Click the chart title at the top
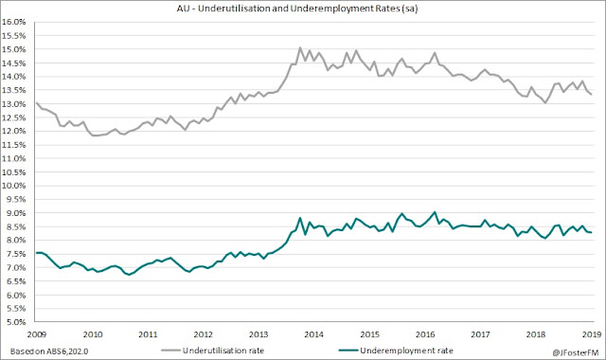click(297, 9)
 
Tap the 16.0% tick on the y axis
click(14, 22)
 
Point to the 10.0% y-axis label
click(14, 186)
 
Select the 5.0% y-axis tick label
click(15, 322)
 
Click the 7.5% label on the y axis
click(15, 254)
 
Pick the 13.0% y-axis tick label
click(14, 104)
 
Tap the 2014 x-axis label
click(313, 334)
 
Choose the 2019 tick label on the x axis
click(591, 334)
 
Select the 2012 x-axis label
click(203, 334)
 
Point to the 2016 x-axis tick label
click(425, 334)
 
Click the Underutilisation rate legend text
click(223, 351)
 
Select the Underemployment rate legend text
click(406, 351)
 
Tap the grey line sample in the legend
click(170, 351)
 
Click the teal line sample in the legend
click(348, 351)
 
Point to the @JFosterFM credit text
click(576, 352)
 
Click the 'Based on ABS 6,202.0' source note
click(49, 351)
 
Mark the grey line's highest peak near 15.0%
click(300, 48)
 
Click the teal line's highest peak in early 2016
click(435, 212)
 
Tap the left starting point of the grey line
click(36, 103)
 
